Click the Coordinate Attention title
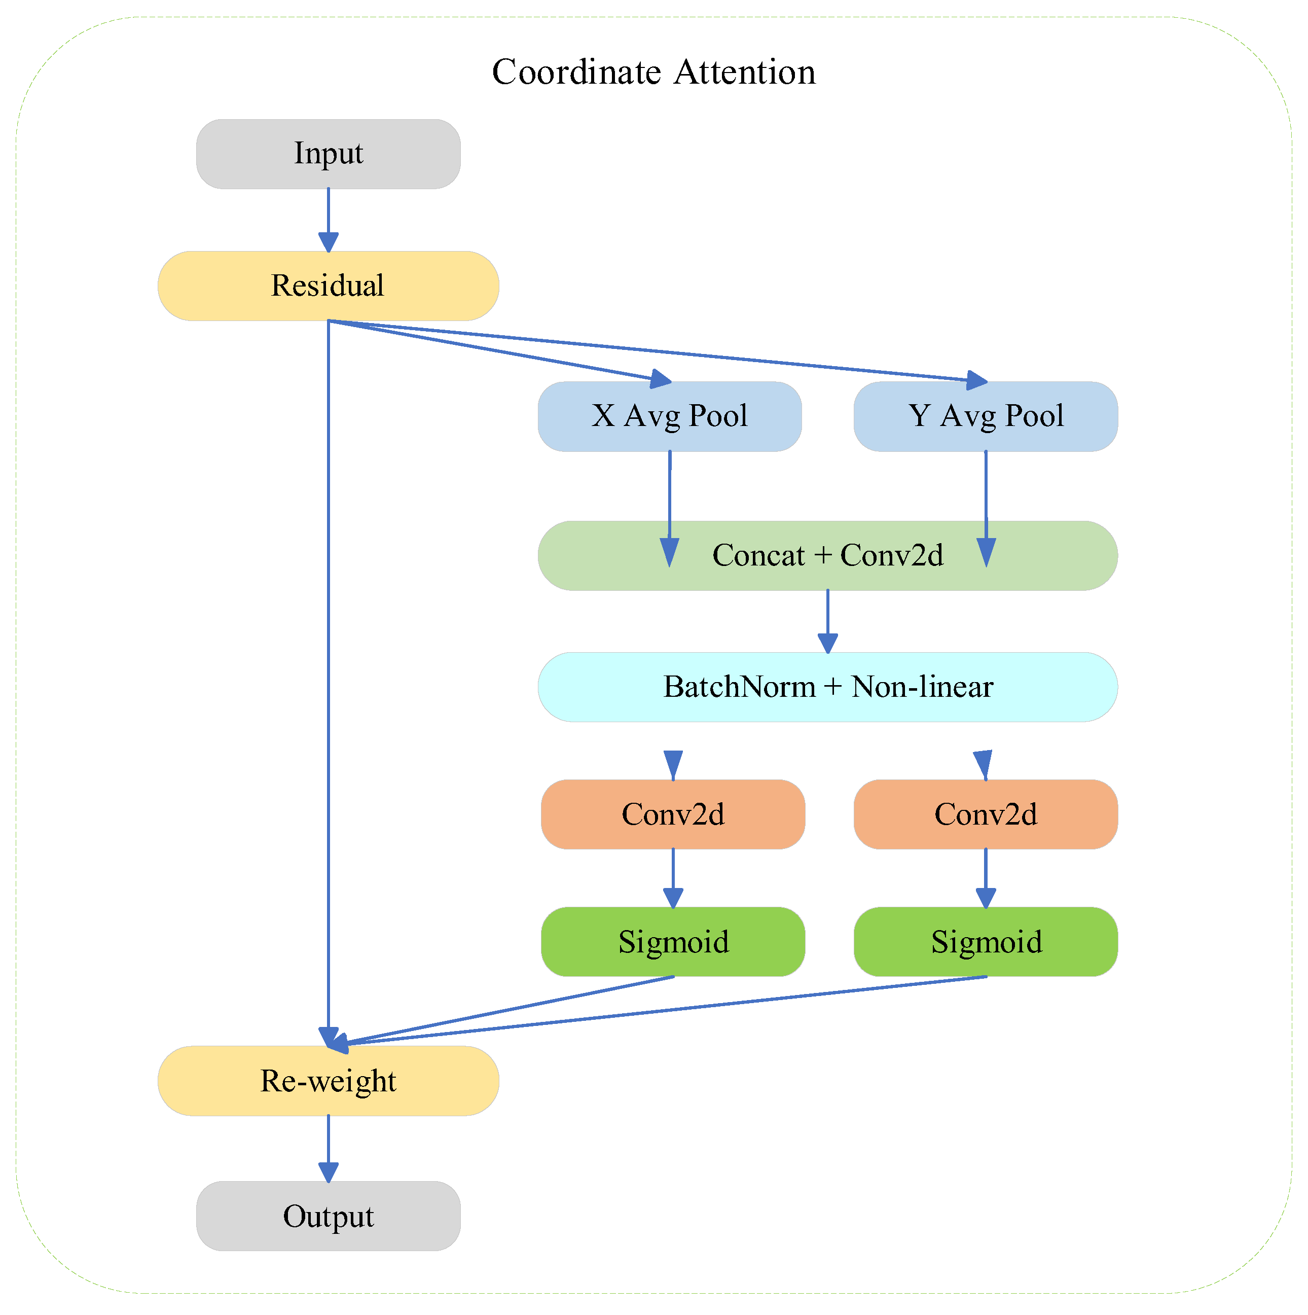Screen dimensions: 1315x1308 [653, 72]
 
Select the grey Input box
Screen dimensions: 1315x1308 [328, 154]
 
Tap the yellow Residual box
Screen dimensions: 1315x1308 [328, 286]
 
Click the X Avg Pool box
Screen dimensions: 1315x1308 [670, 416]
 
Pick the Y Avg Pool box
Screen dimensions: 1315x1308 [986, 416]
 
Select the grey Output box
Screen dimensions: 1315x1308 [328, 1216]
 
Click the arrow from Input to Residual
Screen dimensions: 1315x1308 [329, 218]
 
